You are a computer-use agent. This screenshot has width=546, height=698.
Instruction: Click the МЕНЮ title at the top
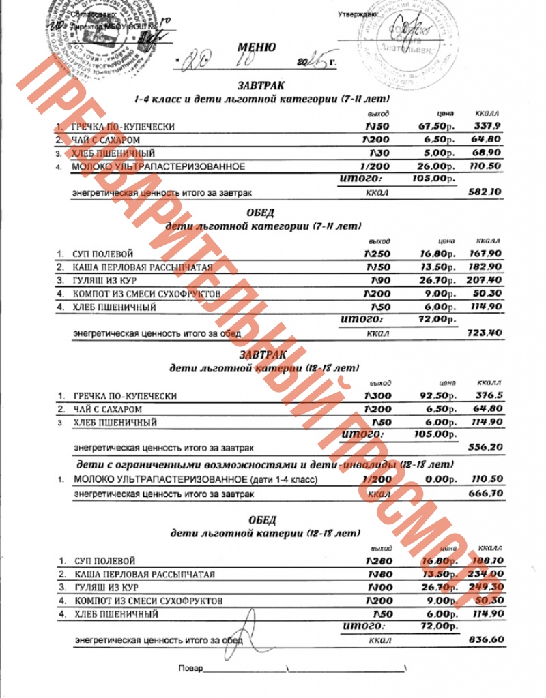(x=257, y=48)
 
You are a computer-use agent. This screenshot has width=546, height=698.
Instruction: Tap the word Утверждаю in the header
(x=358, y=14)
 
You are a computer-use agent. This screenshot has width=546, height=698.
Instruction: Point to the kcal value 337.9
(x=488, y=126)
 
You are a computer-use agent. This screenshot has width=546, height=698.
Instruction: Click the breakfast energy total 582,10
(x=486, y=192)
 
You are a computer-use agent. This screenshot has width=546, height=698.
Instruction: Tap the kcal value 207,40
(x=486, y=280)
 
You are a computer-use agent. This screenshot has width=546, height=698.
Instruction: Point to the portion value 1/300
(x=377, y=396)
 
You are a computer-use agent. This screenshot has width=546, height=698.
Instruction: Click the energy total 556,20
(x=486, y=448)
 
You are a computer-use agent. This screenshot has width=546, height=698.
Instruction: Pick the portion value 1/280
(x=377, y=561)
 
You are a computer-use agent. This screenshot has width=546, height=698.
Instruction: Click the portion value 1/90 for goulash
(x=379, y=280)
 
